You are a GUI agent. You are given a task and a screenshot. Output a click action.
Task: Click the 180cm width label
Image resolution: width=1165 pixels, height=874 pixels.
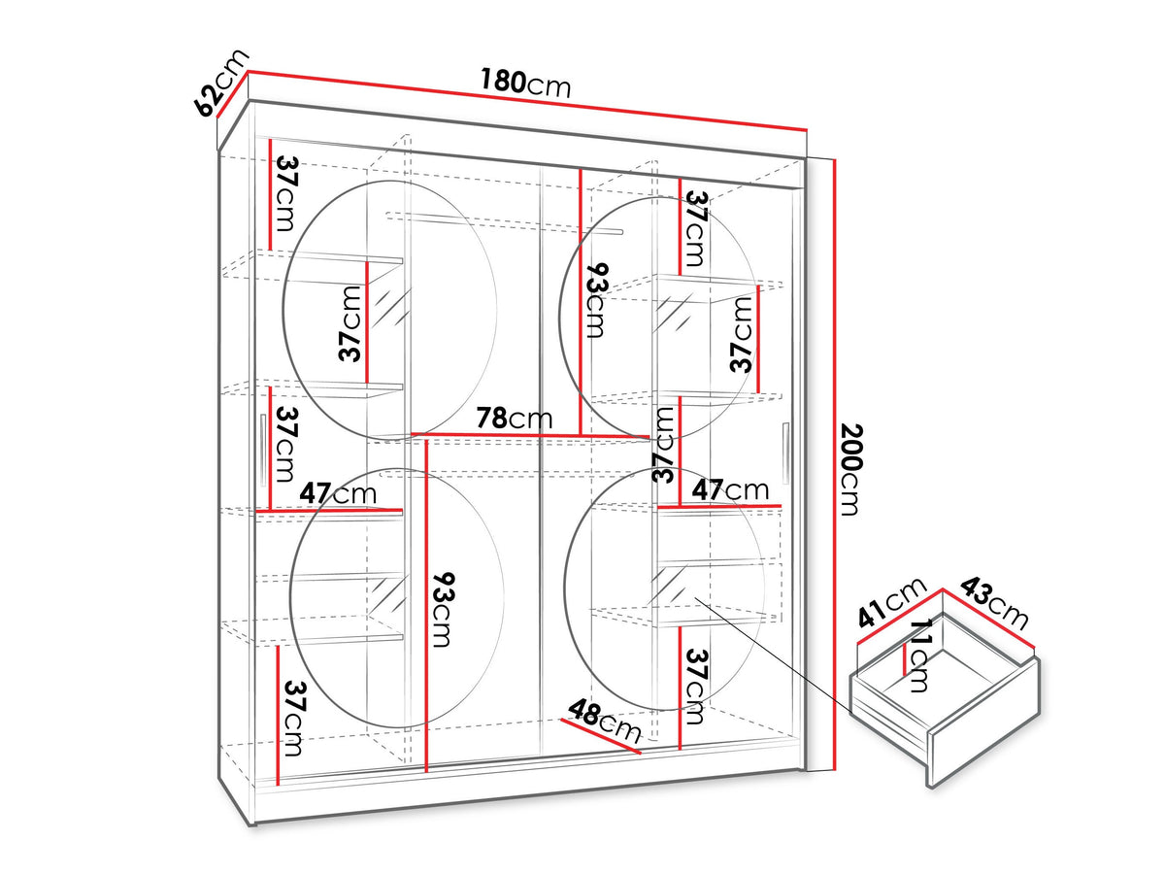[x=525, y=84]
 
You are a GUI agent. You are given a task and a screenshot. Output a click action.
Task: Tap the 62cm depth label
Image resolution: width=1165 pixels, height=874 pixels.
[x=222, y=83]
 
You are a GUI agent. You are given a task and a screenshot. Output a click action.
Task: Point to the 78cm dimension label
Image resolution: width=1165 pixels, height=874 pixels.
[x=514, y=419]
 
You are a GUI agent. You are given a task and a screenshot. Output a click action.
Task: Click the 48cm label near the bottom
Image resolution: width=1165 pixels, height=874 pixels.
[x=605, y=721]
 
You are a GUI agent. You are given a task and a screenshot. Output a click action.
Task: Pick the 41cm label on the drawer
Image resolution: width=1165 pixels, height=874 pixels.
[x=891, y=602]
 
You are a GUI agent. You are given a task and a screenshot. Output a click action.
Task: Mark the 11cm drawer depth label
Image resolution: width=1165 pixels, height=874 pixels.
[x=919, y=655]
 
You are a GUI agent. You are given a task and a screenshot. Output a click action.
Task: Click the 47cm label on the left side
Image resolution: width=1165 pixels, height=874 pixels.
[x=338, y=493]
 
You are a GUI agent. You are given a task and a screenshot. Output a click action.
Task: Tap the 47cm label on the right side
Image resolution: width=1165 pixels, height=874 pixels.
[x=730, y=489]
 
